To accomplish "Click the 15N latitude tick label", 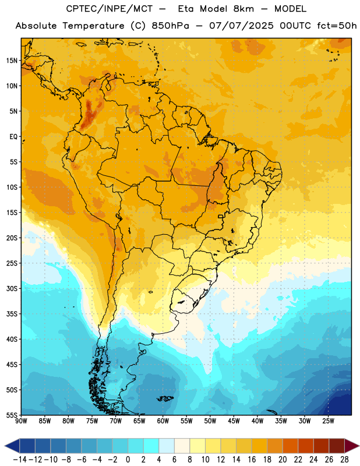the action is pos(12,61).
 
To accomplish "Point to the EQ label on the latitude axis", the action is pos(13,137).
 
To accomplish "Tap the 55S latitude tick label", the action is pos(12,415).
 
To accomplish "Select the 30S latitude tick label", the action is pos(12,288).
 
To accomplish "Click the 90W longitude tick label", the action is pos(21,421).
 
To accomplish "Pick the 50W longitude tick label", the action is pos(210,421).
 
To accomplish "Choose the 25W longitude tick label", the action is pos(328,421).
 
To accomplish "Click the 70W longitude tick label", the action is pos(116,421).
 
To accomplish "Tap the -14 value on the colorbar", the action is pos(20,460).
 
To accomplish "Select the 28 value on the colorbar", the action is pos(344,460).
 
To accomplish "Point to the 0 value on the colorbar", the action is pos(128,460).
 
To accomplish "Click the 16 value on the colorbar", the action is pos(252,460).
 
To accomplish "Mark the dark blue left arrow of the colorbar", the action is pos(12,446).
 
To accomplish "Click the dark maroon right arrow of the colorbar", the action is pos(352,446).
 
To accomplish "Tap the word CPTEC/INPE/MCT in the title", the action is pos(110,9).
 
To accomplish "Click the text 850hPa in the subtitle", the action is pos(170,26).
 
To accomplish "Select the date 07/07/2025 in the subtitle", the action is pos(241,26).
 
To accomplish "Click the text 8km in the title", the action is pos(243,9).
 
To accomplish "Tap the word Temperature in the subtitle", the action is pos(94,26).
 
